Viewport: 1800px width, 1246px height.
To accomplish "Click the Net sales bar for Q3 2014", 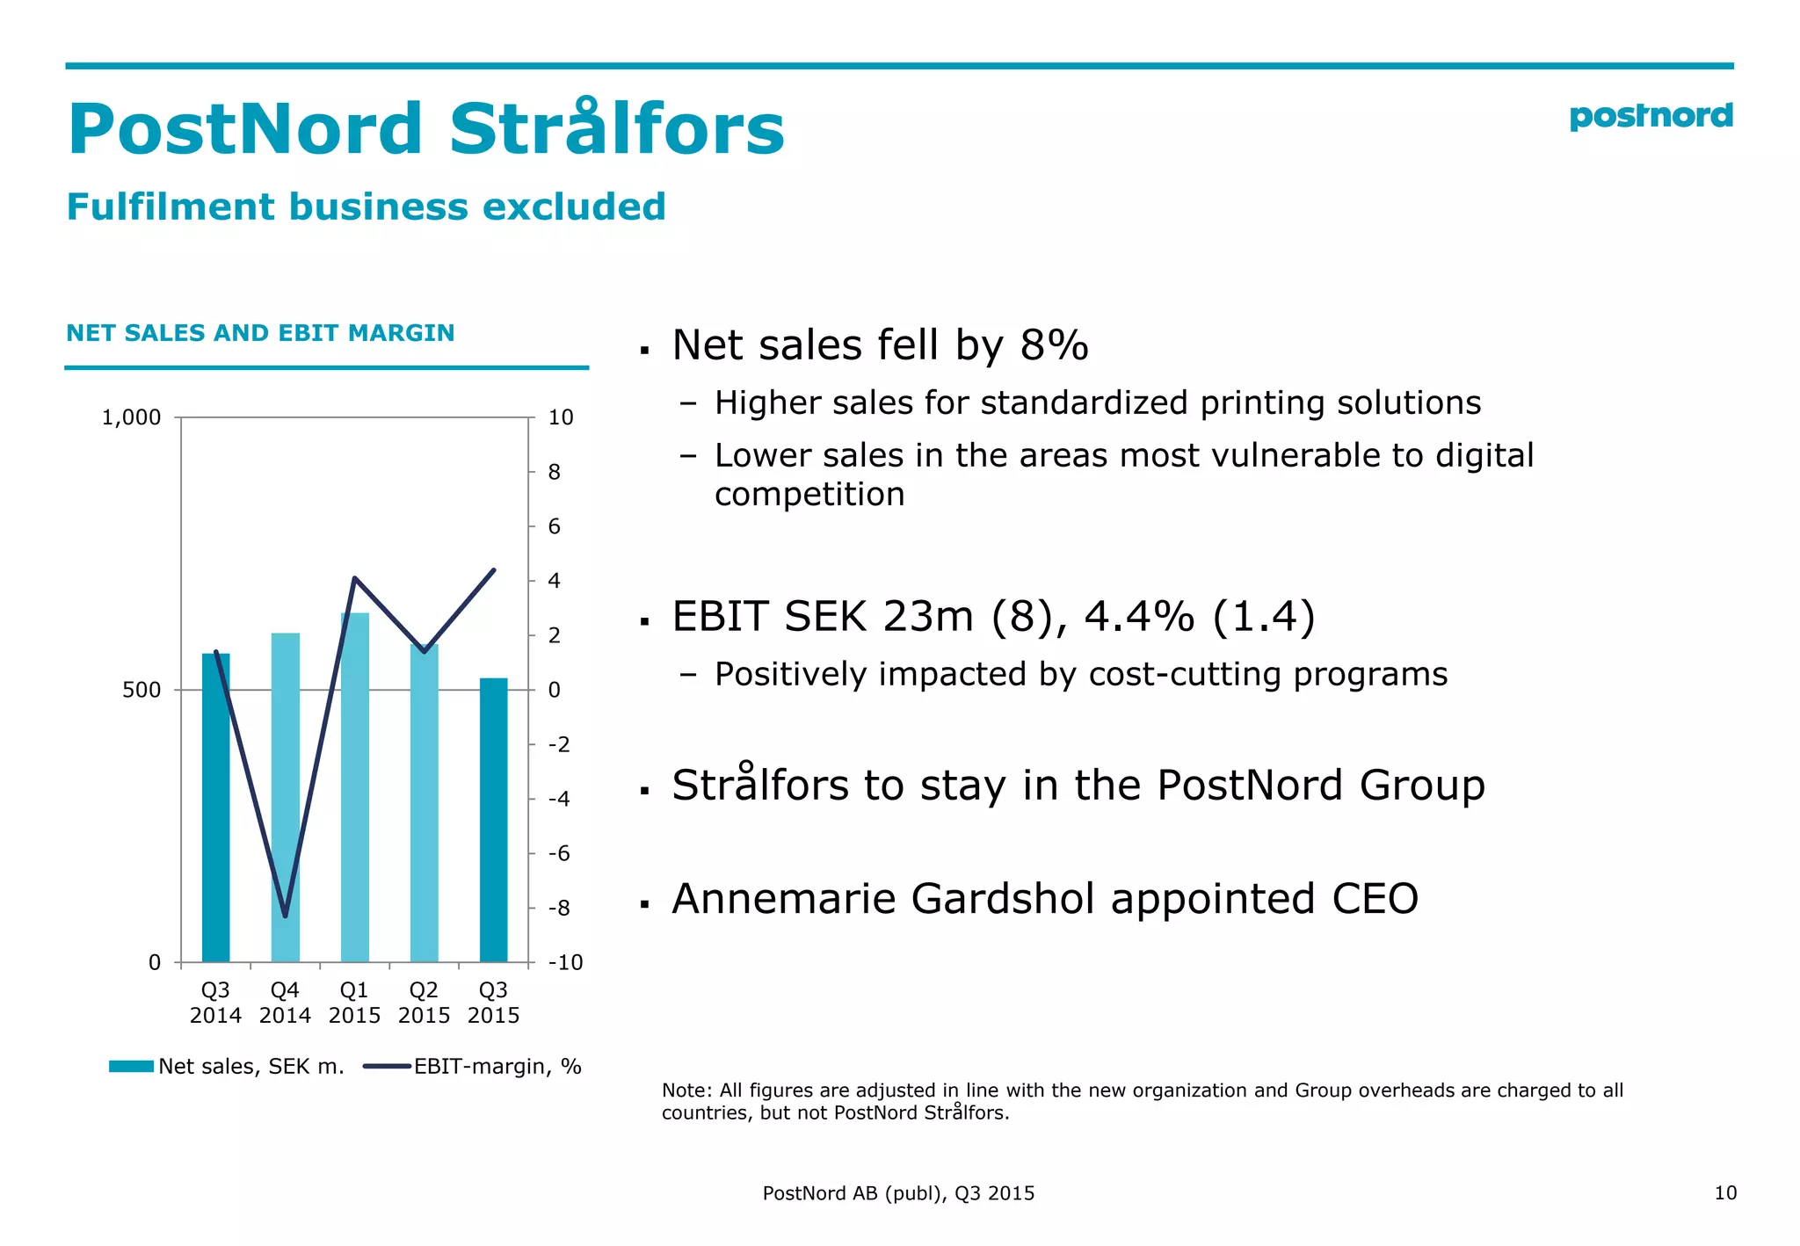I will (215, 808).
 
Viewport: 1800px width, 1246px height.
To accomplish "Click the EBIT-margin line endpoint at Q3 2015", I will (494, 570).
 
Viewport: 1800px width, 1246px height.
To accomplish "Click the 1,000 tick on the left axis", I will (132, 417).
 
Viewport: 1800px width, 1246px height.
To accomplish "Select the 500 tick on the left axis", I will (142, 690).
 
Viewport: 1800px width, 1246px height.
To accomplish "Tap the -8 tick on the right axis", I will (559, 908).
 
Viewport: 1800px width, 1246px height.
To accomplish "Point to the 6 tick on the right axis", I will (554, 526).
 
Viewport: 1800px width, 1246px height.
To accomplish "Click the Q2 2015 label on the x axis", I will (424, 1003).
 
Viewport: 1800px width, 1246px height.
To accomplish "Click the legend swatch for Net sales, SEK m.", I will (131, 1066).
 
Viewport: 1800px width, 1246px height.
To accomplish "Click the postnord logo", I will (1650, 116).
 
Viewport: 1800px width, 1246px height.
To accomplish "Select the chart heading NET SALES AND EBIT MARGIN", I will (260, 333).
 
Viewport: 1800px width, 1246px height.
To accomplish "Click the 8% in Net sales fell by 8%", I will (1054, 344).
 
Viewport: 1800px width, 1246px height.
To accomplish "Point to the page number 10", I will (1724, 1192).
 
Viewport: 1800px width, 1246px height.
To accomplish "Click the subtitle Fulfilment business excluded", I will (367, 207).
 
